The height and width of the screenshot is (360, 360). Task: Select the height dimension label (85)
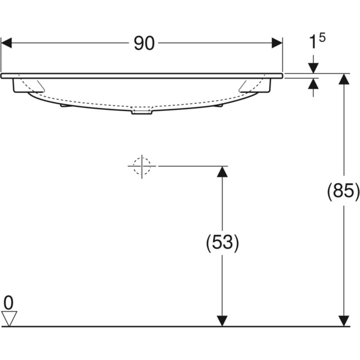[343, 192]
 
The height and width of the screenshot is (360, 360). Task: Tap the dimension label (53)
[222, 242]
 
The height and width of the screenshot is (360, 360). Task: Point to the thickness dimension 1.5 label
[317, 42]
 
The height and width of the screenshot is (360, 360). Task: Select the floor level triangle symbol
[8, 318]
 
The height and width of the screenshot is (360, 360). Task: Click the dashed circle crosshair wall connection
[142, 166]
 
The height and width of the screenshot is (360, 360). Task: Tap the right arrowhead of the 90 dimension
[277, 43]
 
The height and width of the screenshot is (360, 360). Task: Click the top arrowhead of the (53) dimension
[222, 172]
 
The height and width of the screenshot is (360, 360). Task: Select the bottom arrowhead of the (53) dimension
[222, 320]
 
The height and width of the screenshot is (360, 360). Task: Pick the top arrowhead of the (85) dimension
[344, 80]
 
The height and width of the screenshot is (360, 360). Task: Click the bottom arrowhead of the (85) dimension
[344, 320]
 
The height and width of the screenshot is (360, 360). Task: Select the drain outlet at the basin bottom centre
[142, 112]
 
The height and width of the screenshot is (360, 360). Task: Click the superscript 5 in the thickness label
[322, 38]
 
